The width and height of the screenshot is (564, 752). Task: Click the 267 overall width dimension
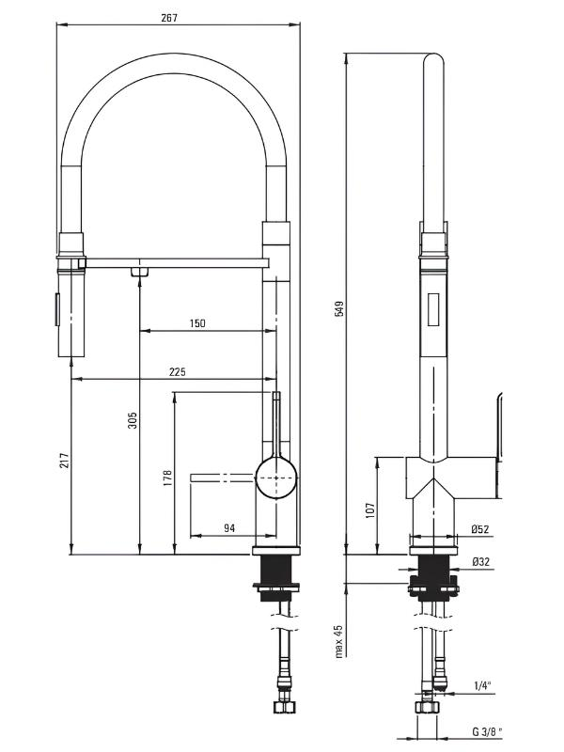click(169, 18)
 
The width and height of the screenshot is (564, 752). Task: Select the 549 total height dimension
click(339, 308)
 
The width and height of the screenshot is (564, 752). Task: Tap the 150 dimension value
click(197, 322)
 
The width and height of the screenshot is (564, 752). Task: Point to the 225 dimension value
click(177, 371)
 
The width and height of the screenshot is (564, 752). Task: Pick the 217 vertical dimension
click(65, 461)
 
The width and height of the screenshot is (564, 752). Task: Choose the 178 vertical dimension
click(167, 478)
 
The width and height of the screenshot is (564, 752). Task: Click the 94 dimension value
click(229, 527)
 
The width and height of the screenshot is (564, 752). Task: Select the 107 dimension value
click(369, 510)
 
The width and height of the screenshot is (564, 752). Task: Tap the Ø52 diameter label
click(480, 529)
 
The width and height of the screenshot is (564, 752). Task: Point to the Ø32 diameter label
click(480, 561)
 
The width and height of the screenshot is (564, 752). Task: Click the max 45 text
click(339, 641)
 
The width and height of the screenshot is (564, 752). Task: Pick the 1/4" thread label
click(483, 685)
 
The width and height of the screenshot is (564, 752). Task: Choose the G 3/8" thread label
click(487, 731)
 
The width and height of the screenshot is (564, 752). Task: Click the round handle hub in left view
click(276, 478)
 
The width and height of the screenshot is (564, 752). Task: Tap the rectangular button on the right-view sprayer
click(433, 310)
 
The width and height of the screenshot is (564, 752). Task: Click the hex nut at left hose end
click(283, 707)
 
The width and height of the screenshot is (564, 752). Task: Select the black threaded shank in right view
click(433, 578)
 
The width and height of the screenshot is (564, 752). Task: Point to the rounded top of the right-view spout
click(433, 60)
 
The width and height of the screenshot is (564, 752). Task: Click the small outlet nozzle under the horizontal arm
click(139, 272)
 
